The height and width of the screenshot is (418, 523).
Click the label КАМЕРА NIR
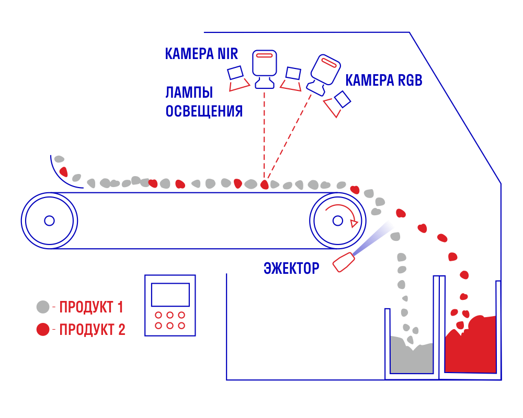tap(201, 54)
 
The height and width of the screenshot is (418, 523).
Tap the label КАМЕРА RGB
tap(383, 80)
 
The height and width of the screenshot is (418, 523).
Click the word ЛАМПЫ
tap(189, 92)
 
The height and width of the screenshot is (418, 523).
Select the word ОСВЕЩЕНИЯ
tap(204, 111)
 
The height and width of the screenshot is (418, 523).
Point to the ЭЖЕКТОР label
tap(291, 268)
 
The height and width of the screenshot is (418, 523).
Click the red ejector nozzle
tap(344, 262)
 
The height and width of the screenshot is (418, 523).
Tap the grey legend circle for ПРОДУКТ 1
tap(43, 307)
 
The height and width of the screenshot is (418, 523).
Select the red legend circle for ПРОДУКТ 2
tap(43, 329)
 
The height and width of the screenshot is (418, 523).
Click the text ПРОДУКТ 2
tap(92, 329)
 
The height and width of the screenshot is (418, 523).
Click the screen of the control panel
tap(170, 295)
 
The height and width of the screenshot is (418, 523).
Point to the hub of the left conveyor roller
tap(49, 220)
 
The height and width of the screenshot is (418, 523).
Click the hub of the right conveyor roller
tap(337, 220)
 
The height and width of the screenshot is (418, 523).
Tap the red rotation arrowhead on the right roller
tap(354, 223)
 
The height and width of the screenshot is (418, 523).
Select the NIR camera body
tap(265, 68)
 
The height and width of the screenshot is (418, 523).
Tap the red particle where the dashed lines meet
tap(265, 184)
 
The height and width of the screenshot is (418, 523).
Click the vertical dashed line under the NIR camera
tap(265, 135)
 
